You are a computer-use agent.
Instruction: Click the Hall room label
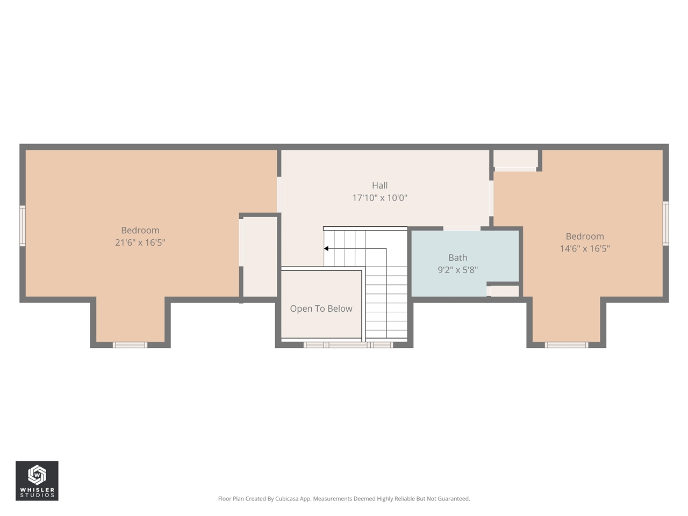click(379, 185)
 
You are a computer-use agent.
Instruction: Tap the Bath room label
click(457, 258)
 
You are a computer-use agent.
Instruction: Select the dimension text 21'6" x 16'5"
click(140, 242)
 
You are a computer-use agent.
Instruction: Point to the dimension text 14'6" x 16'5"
click(585, 248)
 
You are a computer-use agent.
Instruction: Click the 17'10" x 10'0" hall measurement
click(379, 198)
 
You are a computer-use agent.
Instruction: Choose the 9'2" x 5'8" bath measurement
click(457, 270)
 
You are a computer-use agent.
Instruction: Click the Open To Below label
click(321, 309)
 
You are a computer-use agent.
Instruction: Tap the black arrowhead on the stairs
click(326, 248)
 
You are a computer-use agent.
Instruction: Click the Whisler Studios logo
click(37, 481)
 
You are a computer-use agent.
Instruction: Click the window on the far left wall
click(23, 226)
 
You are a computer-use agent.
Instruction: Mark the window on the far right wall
click(665, 223)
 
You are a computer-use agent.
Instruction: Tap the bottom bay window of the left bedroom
click(130, 345)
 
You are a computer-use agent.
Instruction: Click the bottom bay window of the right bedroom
click(566, 345)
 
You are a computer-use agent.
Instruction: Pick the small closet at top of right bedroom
click(515, 159)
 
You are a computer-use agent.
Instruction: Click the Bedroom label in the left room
click(140, 231)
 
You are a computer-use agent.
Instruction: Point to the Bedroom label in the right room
click(585, 236)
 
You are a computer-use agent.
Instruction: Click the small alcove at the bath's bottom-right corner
click(504, 291)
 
